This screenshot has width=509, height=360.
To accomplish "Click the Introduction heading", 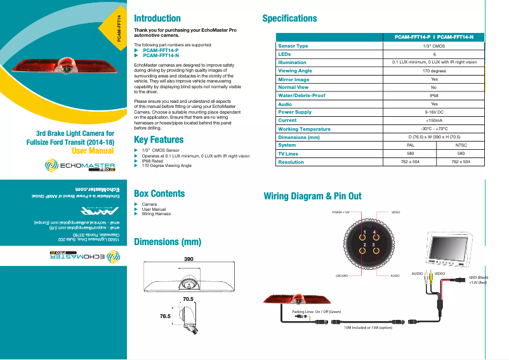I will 157,18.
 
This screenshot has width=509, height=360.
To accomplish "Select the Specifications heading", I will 289,18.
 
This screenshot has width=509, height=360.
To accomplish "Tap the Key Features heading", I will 159,140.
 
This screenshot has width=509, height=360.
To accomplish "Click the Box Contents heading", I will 159,194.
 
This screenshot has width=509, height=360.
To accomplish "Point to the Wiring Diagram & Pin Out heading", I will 312,196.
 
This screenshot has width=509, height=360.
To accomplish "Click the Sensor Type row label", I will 293,46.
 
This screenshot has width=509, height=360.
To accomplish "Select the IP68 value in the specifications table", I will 433,96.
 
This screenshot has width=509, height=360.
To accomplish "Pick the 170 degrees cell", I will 433,71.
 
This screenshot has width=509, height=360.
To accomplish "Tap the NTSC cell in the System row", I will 461,145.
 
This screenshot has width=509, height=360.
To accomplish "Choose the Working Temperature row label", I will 304,129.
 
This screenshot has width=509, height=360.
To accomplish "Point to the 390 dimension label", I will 188,260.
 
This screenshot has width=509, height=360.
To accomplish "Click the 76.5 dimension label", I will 165,316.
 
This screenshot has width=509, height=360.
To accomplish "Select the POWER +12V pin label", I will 341,211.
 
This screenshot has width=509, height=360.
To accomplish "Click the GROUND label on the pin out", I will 343,277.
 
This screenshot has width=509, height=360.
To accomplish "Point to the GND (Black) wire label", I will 479,277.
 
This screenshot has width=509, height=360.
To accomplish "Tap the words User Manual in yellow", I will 93,151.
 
